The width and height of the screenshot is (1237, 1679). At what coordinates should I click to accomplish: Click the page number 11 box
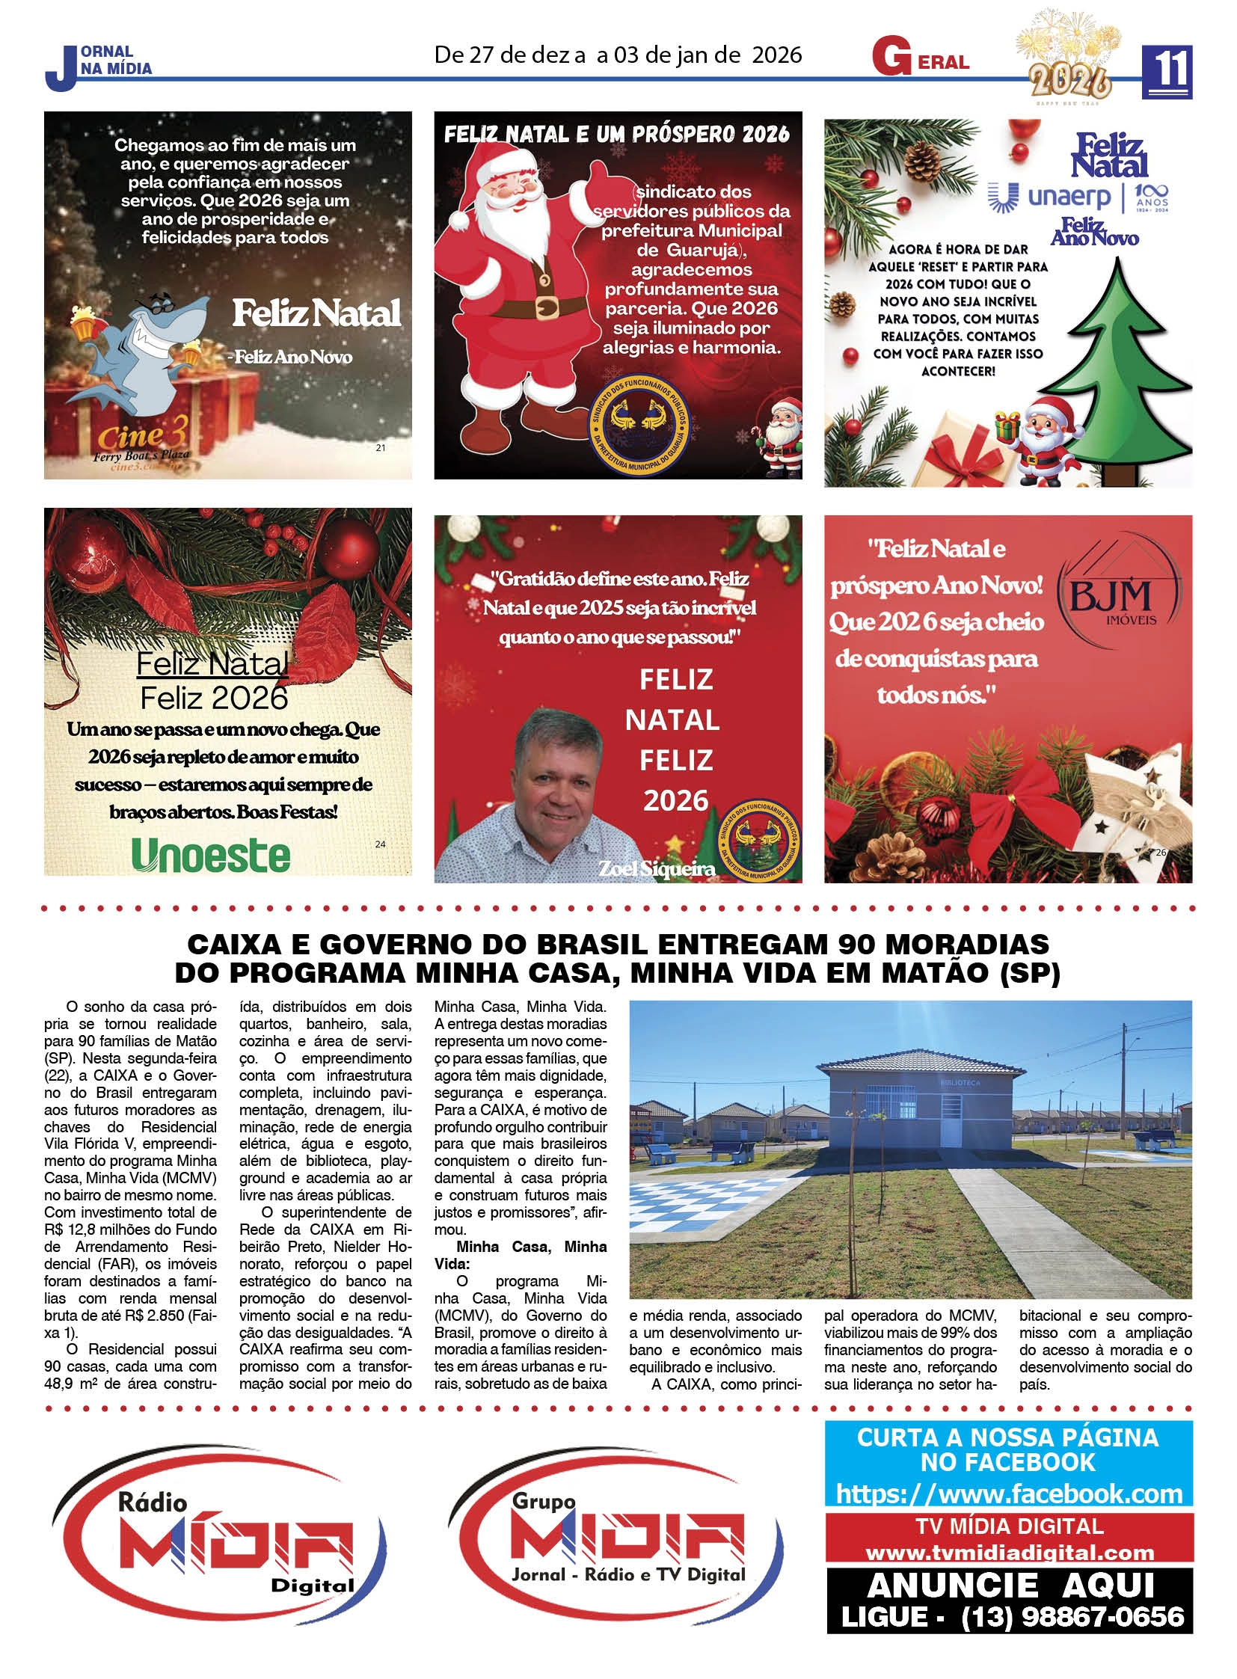pos(1166,72)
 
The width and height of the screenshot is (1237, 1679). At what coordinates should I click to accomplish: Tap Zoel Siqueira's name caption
pos(656,869)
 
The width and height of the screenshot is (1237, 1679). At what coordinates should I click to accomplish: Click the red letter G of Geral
pos(891,60)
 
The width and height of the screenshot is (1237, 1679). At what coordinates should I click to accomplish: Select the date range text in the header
pos(618,55)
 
